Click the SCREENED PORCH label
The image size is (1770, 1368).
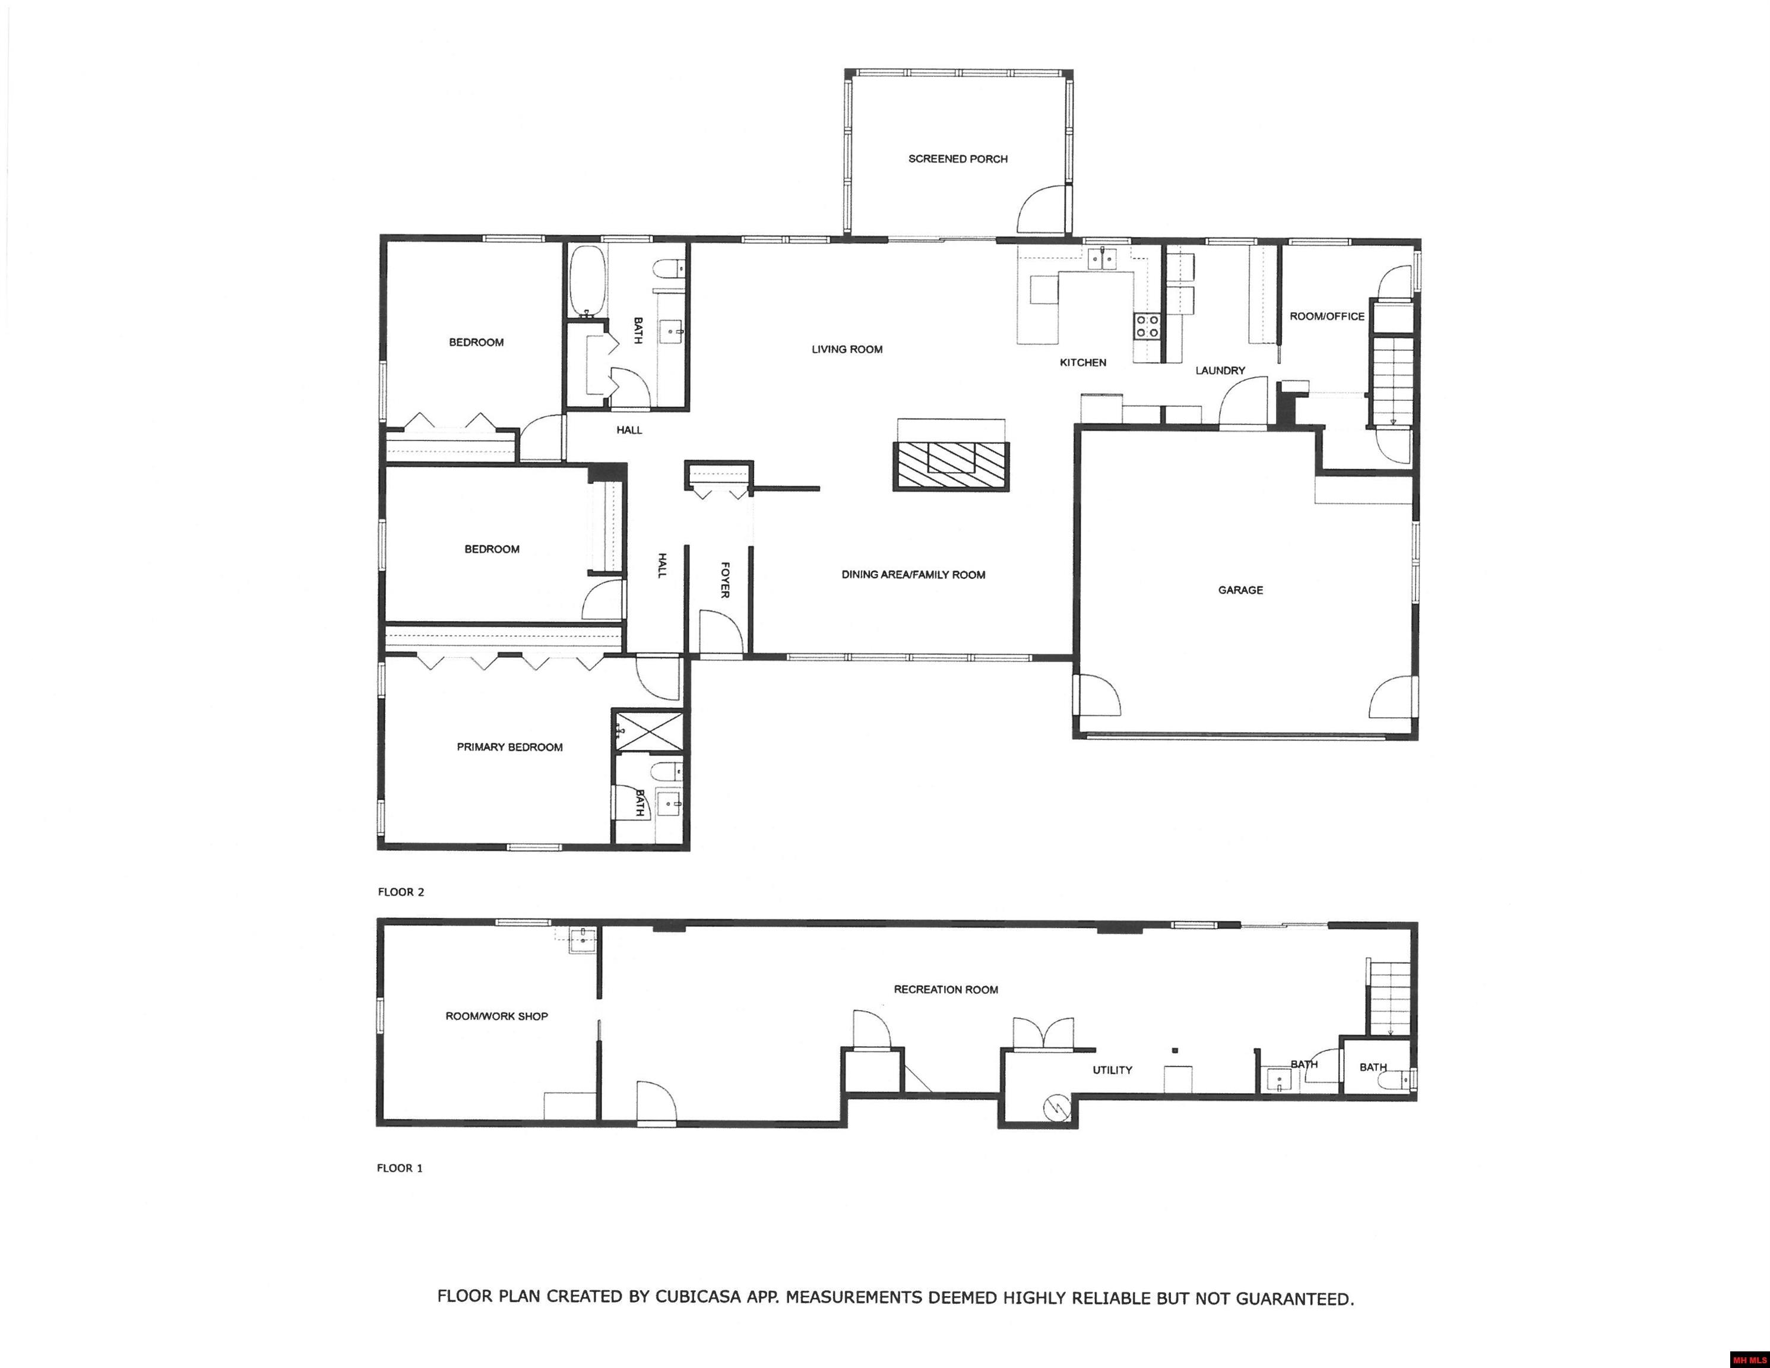click(957, 159)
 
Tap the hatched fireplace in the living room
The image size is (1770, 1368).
click(951, 467)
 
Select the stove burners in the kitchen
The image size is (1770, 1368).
click(1146, 326)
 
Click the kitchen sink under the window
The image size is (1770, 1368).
click(1101, 258)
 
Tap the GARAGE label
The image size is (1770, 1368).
click(1240, 590)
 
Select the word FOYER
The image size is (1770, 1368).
click(726, 579)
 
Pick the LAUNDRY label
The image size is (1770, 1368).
click(1220, 370)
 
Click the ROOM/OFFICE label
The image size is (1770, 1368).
click(1326, 316)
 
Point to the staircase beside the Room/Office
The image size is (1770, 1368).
click(1392, 381)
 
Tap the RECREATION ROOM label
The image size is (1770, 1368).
click(946, 990)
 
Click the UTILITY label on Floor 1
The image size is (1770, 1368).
click(1112, 1070)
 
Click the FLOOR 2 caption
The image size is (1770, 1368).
click(400, 892)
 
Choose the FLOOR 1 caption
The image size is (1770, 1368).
click(400, 1168)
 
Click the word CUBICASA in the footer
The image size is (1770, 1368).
click(698, 1297)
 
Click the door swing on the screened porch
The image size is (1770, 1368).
click(1040, 210)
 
